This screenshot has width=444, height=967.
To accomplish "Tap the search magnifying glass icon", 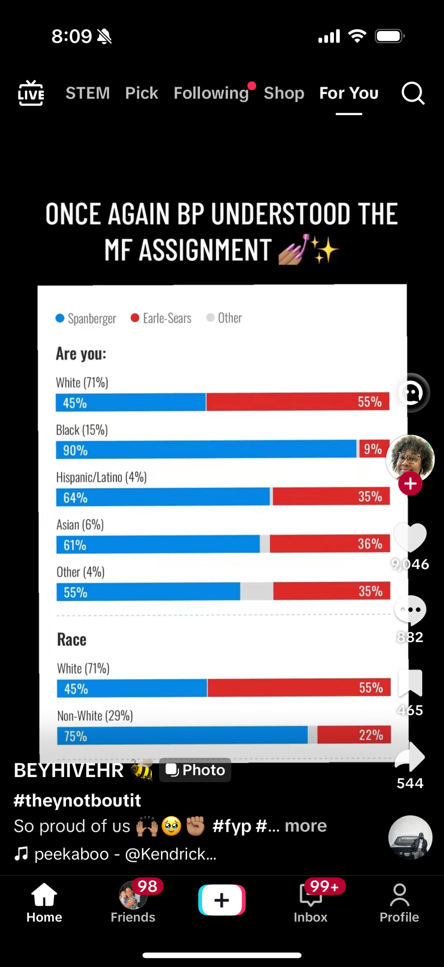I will [413, 93].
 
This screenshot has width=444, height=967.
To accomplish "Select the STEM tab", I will [87, 93].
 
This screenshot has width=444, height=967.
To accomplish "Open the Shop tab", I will [284, 93].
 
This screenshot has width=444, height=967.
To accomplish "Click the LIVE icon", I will [31, 93].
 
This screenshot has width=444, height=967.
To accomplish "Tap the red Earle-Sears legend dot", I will [135, 318].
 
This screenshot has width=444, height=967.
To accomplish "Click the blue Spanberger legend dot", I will [60, 318].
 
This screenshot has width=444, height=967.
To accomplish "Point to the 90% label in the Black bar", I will [75, 450].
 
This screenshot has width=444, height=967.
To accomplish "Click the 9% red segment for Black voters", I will [373, 449].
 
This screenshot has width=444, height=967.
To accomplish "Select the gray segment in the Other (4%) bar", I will [257, 591].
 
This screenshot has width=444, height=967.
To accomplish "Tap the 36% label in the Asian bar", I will [370, 544].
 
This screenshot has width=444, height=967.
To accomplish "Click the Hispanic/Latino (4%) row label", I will [101, 477].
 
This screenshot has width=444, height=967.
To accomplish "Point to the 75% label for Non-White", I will [76, 736].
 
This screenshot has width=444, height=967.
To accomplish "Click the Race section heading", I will [72, 640].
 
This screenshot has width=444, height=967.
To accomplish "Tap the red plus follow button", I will [410, 483].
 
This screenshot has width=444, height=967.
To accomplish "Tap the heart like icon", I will [410, 537].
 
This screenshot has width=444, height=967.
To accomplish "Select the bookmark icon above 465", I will [410, 683].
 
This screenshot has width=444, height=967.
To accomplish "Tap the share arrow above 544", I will [410, 757].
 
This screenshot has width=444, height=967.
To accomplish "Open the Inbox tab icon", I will [310, 896].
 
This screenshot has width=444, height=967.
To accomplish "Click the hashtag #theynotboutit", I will [77, 800].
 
